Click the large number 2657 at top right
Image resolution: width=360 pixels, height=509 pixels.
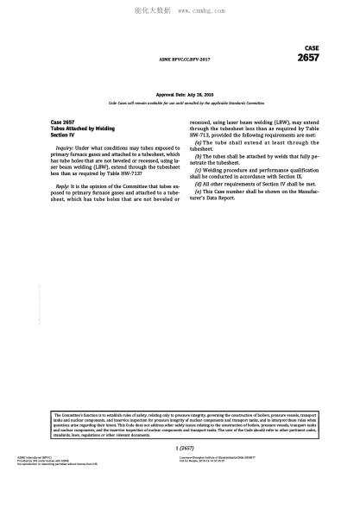pos(308,58)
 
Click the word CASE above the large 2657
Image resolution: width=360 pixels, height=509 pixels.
pos(312,48)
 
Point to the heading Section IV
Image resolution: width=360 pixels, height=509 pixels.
pos(64,135)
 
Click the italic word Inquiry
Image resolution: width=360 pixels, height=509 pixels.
pos(66,148)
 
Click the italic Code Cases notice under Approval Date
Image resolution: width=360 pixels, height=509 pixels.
pos(180,103)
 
